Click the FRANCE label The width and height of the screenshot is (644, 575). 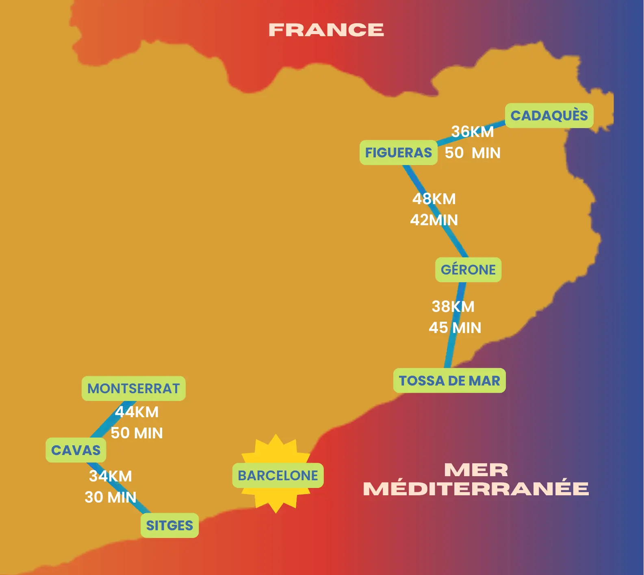click(x=326, y=30)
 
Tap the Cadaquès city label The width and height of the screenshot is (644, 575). click(x=549, y=115)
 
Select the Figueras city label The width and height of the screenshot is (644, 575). click(x=398, y=152)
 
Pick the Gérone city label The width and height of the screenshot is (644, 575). click(x=468, y=270)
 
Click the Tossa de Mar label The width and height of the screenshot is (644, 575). click(x=449, y=381)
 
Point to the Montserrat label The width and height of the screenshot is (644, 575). click(x=133, y=388)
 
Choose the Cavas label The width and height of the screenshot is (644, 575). click(x=76, y=450)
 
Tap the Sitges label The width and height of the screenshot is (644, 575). click(x=169, y=525)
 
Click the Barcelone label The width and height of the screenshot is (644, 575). click(x=278, y=475)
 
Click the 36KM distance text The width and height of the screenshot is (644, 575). click(x=473, y=131)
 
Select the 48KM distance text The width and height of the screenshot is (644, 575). click(x=434, y=199)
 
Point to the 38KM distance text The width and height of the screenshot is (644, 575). click(x=453, y=307)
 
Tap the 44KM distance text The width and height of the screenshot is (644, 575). click(x=137, y=412)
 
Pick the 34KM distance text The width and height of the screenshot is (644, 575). click(x=111, y=476)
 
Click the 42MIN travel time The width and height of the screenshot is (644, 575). click(x=434, y=220)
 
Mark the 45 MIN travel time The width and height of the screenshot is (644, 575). click(x=455, y=328)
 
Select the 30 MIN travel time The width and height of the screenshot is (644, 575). click(x=111, y=497)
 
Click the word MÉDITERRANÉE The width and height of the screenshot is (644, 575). click(x=476, y=489)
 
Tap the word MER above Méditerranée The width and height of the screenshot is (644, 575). click(x=476, y=470)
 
